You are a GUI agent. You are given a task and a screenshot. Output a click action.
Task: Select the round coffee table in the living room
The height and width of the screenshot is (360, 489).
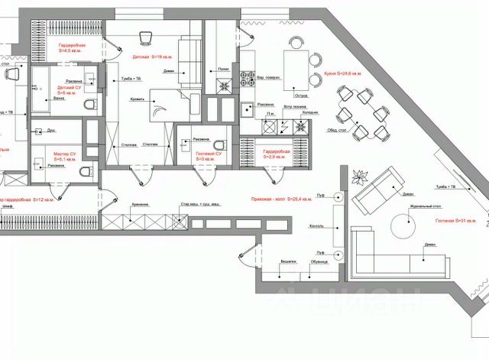click(x=403, y=225)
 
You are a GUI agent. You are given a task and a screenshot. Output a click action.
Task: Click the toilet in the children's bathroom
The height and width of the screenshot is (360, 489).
click(x=89, y=105)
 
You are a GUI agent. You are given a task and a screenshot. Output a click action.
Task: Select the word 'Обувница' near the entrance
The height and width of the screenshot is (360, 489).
click(x=319, y=261)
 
